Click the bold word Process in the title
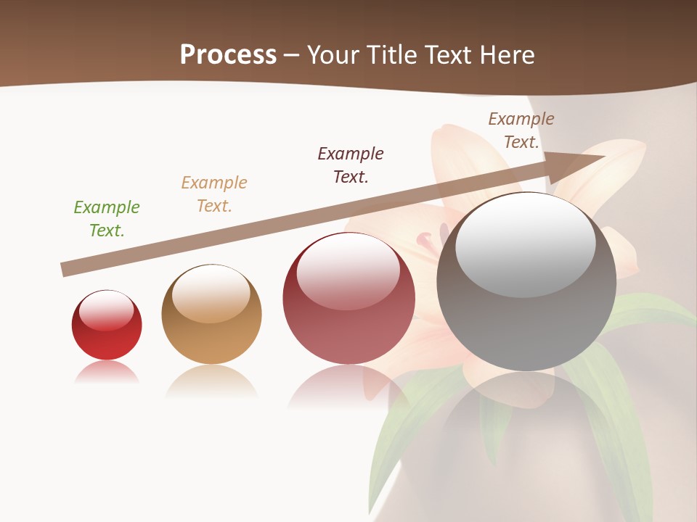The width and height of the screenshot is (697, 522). [x=228, y=55]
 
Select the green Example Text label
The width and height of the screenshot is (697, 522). [x=107, y=219]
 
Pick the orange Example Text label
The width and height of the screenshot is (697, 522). [x=214, y=194]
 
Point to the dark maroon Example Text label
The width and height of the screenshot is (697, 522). [x=351, y=165]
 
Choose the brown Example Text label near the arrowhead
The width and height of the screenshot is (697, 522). [x=521, y=130]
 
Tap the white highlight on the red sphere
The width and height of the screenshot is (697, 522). [x=107, y=310]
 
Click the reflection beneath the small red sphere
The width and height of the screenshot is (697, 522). [x=107, y=373]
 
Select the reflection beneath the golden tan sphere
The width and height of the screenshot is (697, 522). [x=211, y=381]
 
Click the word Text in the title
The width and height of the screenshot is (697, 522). [x=452, y=55]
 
